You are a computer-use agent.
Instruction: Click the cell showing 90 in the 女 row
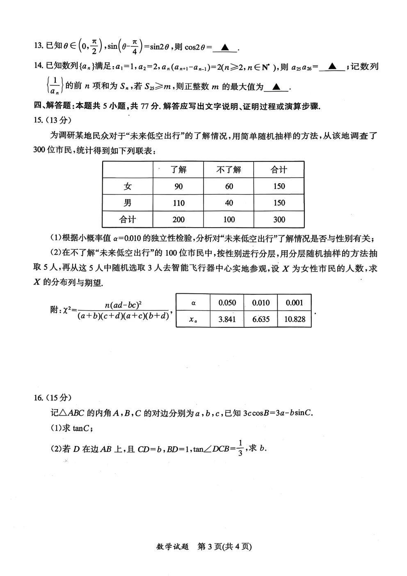tap(178, 187)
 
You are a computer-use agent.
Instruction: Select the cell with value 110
tap(178, 203)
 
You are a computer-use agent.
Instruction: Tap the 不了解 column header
tap(229, 170)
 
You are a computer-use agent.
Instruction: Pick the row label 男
tap(128, 203)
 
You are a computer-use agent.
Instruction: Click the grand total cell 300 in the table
tap(279, 219)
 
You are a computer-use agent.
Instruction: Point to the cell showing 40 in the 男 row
tap(229, 203)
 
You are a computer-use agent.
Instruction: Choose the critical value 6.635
tap(261, 319)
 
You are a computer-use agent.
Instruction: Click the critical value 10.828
tap(295, 319)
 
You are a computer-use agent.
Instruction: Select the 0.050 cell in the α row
tap(227, 303)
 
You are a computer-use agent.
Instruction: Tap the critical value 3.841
tap(227, 319)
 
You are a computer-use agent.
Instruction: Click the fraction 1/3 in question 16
tap(241, 447)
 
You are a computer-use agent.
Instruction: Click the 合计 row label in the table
tap(128, 219)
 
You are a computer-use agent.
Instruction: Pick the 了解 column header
tap(178, 170)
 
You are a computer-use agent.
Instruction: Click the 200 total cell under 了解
tap(178, 219)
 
